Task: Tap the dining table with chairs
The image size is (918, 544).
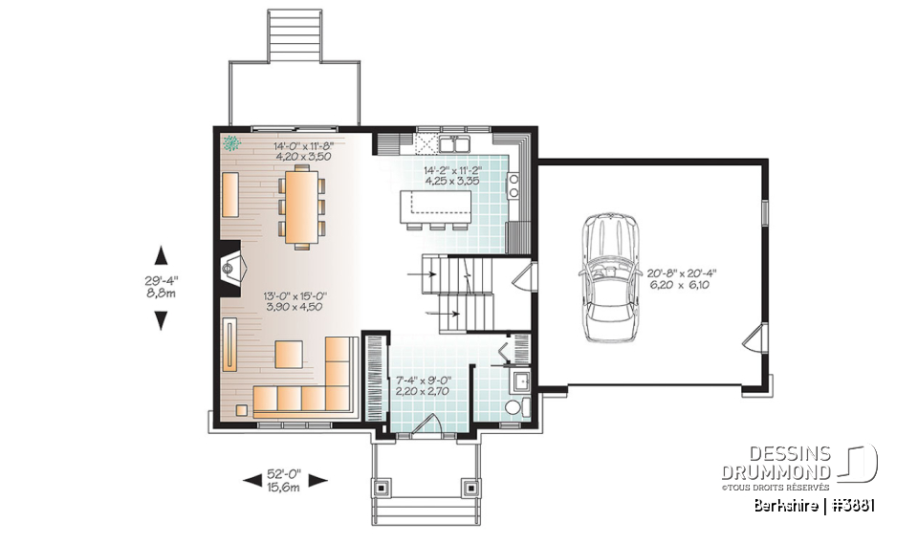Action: [x=301, y=207]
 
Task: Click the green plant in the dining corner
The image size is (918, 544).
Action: [x=230, y=144]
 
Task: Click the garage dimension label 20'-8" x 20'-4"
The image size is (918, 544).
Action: [x=682, y=272]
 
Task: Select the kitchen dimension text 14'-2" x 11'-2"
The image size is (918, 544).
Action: [x=452, y=170]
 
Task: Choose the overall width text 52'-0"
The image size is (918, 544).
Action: [x=284, y=474]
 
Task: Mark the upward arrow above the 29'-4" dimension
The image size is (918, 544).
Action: [x=161, y=254]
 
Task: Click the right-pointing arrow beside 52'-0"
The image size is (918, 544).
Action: [x=318, y=481]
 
